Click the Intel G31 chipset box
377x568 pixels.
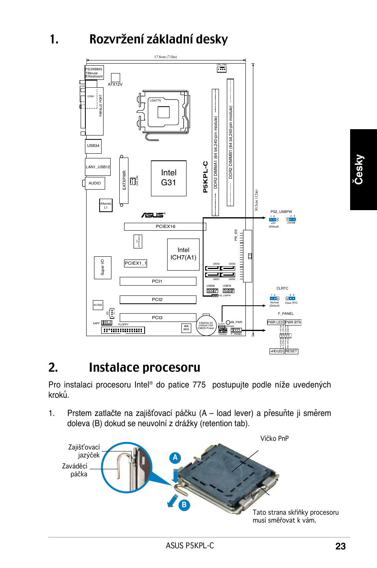(168, 178)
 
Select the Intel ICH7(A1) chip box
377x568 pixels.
(183, 254)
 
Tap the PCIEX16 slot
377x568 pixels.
(165, 227)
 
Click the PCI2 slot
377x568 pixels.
(158, 300)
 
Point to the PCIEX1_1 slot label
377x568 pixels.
(136, 263)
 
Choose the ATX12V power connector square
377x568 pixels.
(115, 77)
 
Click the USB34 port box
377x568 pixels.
(93, 146)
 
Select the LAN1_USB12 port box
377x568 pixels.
(98, 167)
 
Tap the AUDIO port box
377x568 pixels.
(95, 183)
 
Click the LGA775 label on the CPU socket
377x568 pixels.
(155, 100)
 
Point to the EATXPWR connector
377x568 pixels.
(124, 181)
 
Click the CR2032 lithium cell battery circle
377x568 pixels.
(206, 325)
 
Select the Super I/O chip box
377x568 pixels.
(102, 267)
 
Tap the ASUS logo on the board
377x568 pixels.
(153, 215)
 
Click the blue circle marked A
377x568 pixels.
(175, 458)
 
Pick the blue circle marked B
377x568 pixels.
(184, 505)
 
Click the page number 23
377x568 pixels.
(340, 546)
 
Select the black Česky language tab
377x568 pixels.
(363, 169)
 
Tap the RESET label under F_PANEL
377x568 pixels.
(291, 351)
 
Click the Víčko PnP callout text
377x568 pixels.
(274, 438)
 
